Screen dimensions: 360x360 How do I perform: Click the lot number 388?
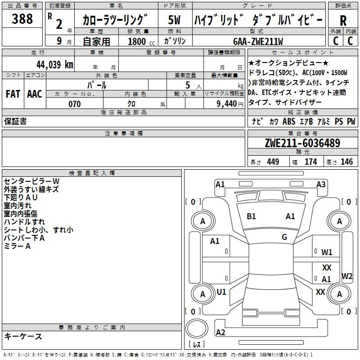22,18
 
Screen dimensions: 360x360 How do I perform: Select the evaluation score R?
343,21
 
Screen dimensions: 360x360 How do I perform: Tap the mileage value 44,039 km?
55,65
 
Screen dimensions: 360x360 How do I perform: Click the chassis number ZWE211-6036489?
302,143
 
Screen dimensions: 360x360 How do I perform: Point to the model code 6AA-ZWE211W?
258,41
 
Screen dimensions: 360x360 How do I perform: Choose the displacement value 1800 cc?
141,41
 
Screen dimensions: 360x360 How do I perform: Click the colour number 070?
75,104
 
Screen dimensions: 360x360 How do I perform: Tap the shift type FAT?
13,94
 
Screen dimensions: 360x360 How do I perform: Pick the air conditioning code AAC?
35,94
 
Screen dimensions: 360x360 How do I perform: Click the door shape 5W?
174,20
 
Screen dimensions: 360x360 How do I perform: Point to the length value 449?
273,162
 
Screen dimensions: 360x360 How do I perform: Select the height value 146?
346,162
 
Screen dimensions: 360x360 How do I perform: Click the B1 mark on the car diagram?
251,216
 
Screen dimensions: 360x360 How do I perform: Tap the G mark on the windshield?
284,237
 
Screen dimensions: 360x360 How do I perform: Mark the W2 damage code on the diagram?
347,276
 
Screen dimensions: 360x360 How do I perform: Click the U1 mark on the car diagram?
221,292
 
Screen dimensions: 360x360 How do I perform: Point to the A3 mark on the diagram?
321,184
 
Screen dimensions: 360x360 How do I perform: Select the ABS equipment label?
289,121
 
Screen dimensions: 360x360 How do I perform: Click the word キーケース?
23,336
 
